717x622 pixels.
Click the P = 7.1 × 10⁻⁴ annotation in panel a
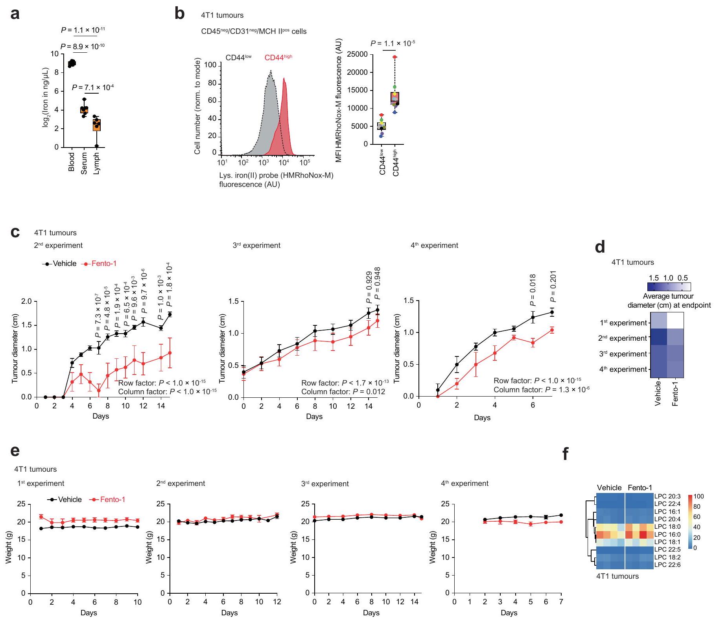click(93, 87)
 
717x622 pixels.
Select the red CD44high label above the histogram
click(278, 57)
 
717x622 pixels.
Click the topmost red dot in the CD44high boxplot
click(394, 57)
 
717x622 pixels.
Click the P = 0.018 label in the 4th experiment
click(533, 290)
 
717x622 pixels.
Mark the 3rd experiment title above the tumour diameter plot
click(256, 245)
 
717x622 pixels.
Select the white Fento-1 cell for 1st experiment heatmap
click(675, 320)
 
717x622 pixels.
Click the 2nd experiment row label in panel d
click(623, 338)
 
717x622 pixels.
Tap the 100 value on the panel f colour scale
click(699, 496)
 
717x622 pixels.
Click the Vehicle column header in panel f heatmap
click(609, 488)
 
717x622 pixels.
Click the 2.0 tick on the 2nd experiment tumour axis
click(26, 301)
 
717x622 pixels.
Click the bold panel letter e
click(15, 450)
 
